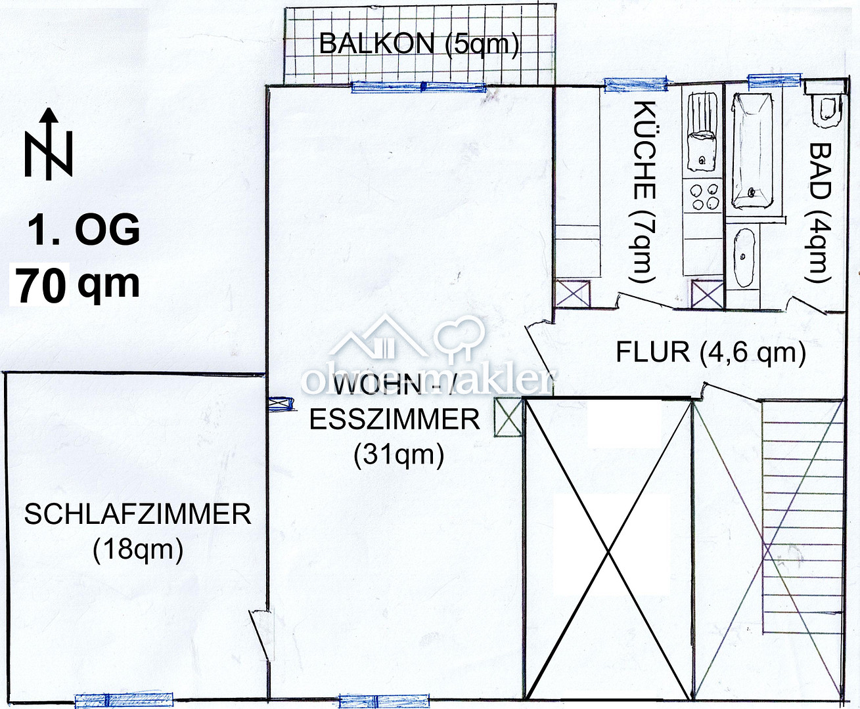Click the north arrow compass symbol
click(x=48, y=145)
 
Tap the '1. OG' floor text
click(x=83, y=230)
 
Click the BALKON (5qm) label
click(x=419, y=45)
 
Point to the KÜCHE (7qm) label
click(x=643, y=192)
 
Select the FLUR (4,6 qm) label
click(x=710, y=353)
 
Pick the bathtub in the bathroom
click(x=752, y=150)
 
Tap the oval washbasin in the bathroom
click(x=744, y=257)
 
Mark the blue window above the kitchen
click(x=635, y=84)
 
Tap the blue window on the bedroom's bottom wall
click(x=124, y=700)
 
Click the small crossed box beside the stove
click(x=707, y=293)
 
